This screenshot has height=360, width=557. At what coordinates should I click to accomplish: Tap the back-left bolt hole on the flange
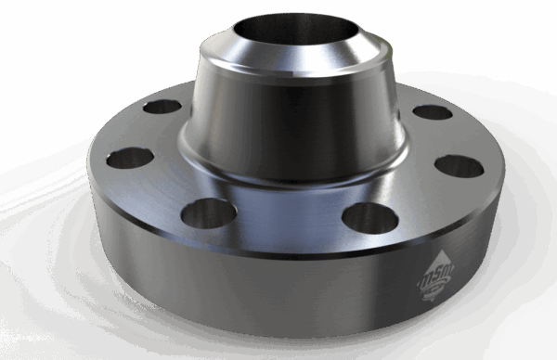pos(164,106)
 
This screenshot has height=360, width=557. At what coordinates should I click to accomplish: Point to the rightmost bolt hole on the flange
pos(458,166)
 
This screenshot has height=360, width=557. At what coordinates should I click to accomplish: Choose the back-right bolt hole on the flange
pos(431,112)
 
